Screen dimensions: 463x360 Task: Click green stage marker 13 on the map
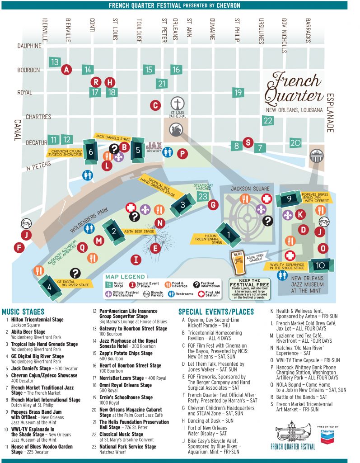tap(55, 62)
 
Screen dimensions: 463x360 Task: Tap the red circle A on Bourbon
tap(67, 69)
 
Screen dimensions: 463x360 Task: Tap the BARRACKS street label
tap(308, 31)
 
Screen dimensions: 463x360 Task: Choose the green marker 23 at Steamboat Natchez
tap(203, 196)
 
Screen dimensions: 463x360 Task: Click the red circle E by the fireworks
tap(155, 248)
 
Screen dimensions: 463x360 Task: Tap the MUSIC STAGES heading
tap(23, 312)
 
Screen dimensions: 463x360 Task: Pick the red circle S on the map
tap(247, 142)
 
